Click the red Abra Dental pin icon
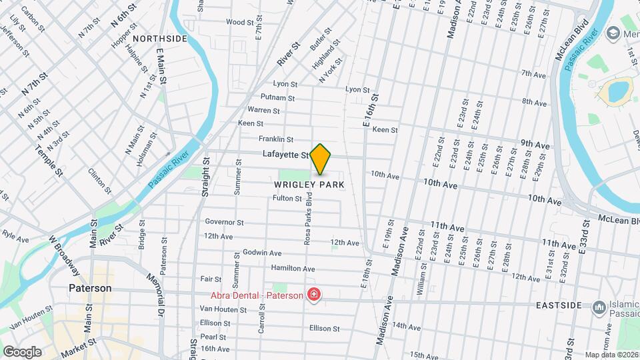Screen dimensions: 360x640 click(313, 295)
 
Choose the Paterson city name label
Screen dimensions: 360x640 click(90, 288)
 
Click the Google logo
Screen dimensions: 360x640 click(22, 352)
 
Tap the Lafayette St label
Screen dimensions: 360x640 click(285, 155)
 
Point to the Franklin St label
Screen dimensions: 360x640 click(276, 139)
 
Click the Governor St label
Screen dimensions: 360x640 click(224, 222)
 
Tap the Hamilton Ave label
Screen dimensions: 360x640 click(293, 268)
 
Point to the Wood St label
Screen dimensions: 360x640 click(237, 22)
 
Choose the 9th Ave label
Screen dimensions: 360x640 click(535, 145)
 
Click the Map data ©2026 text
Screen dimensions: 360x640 click(611, 355)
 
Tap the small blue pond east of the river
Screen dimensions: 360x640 click(618, 89)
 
